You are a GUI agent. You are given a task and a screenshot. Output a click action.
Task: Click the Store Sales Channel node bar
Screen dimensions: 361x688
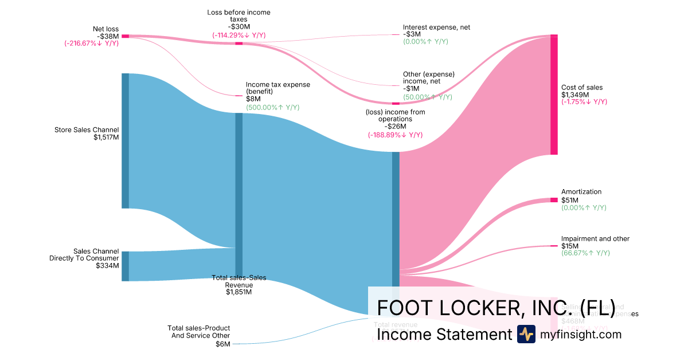point(125,140)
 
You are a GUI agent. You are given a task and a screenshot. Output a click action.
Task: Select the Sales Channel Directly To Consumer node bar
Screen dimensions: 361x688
point(125,266)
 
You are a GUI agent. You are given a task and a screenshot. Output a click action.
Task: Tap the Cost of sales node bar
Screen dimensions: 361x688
point(554,95)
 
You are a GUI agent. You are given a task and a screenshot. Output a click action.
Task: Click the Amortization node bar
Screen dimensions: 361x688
point(554,199)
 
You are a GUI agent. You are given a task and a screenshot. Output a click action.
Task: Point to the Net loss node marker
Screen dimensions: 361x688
point(125,36)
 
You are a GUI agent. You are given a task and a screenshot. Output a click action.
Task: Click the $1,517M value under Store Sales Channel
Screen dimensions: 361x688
point(106,137)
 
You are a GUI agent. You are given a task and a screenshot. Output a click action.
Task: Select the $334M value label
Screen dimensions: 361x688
point(107,266)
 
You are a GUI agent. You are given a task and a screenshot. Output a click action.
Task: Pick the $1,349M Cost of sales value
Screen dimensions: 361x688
point(574,95)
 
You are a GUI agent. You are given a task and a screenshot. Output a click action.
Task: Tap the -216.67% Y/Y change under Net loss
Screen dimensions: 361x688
point(92,43)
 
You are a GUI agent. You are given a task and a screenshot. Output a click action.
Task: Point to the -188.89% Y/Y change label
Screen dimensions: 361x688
point(395,135)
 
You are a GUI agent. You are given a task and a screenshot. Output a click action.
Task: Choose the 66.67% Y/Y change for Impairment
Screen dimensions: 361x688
point(585,253)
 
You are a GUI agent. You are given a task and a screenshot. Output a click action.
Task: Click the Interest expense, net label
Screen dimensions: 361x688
point(436,27)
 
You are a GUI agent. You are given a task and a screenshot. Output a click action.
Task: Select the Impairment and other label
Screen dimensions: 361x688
point(595,238)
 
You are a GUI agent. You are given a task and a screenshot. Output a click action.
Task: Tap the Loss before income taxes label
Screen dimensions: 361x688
point(239,15)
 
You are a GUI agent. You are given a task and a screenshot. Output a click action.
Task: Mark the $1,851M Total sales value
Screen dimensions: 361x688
point(239,292)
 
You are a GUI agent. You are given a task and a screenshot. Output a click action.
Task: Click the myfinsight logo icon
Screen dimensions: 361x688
point(526,334)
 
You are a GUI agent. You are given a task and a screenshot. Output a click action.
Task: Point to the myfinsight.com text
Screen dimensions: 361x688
point(581,334)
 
